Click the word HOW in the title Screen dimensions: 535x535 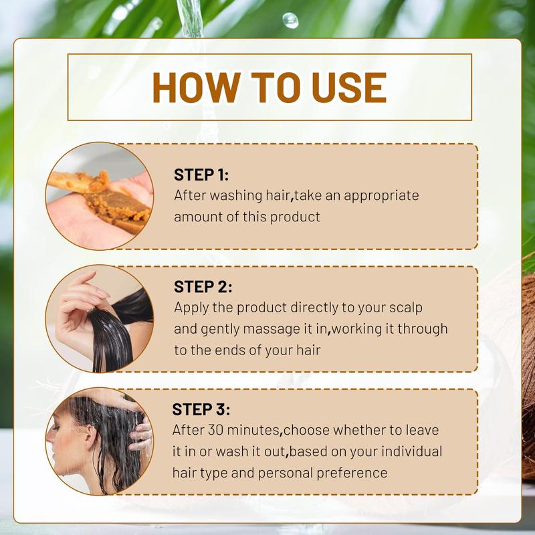190,87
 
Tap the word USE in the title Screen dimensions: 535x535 350,87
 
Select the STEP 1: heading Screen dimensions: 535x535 201,175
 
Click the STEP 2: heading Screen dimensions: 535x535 203,287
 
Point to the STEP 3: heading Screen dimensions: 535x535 201,409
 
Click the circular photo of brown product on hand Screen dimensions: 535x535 100,196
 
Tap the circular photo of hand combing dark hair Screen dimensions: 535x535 100,318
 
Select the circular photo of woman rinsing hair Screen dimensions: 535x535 100,441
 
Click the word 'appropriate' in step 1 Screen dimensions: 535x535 381,196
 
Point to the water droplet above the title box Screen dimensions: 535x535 290,20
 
